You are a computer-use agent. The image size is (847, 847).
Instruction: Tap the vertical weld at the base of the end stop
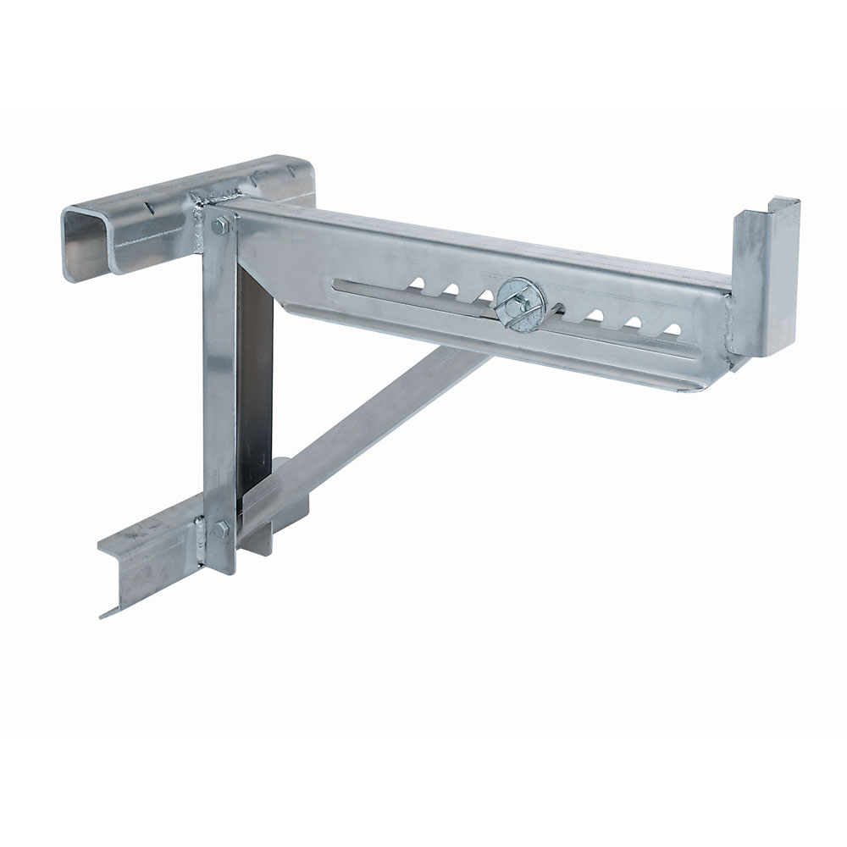(x=730, y=322)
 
